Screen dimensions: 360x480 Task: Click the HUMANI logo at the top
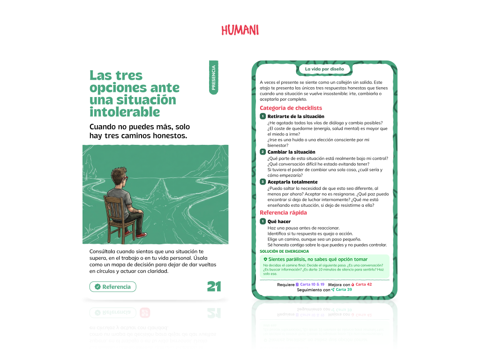pos(240,30)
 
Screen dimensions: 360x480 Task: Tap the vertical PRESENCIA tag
pos(213,77)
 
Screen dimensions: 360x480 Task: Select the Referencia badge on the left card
pos(112,286)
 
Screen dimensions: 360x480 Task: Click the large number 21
pos(214,286)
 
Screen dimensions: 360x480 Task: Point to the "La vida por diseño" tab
pos(324,69)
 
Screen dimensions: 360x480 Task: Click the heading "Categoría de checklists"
pos(291,108)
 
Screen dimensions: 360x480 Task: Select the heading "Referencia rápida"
pos(283,213)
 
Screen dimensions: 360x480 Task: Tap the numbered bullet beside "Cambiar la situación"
pos(263,152)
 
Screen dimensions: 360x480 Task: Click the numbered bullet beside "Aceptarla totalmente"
pos(263,182)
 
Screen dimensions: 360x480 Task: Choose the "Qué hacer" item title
pos(279,221)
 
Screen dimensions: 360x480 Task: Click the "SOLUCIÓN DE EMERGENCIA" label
pos(284,251)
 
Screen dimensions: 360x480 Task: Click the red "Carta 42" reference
pos(363,284)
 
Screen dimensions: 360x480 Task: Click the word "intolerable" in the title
pos(125,112)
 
